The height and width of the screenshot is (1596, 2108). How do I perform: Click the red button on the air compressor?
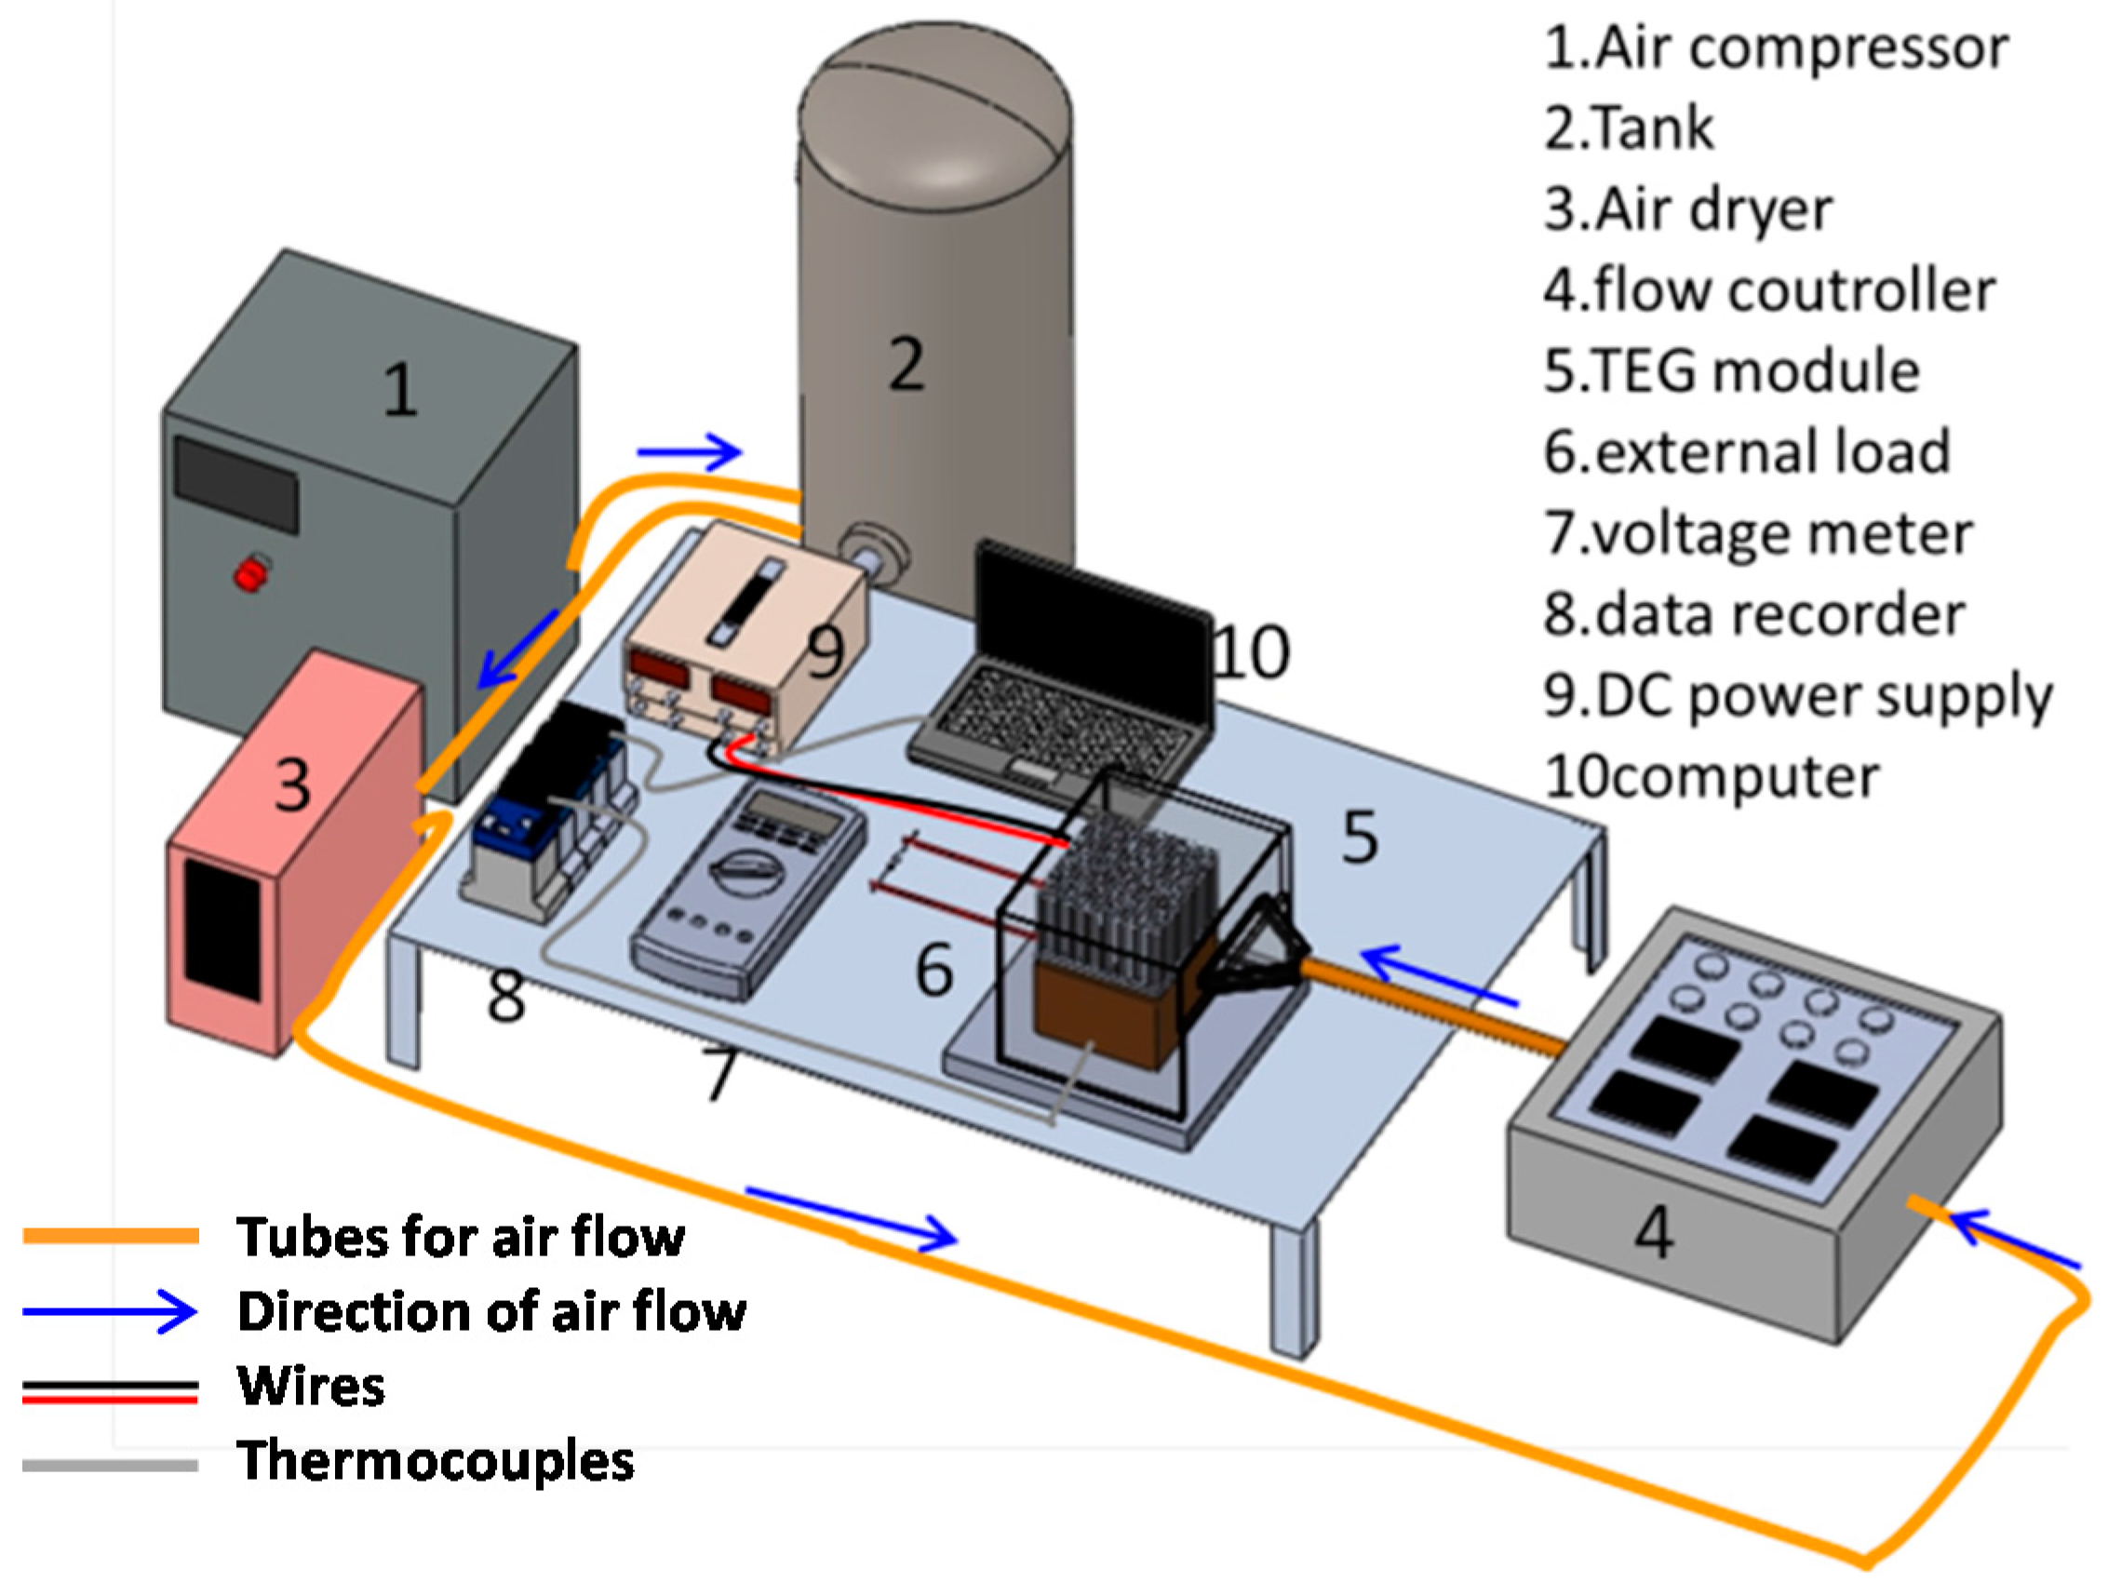[249, 574]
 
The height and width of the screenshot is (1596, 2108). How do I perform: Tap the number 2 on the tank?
[906, 364]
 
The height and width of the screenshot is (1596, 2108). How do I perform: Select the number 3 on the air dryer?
[292, 786]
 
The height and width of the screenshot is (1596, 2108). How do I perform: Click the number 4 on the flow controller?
[1654, 1232]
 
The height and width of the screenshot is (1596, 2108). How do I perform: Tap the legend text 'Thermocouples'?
[436, 1461]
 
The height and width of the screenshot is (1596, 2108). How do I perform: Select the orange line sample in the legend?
[111, 1237]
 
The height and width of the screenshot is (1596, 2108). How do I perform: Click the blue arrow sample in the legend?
[111, 1312]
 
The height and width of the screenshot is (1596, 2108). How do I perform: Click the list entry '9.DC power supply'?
[1797, 695]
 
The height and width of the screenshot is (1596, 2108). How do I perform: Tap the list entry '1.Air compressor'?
[1776, 47]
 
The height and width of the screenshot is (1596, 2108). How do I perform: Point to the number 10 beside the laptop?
[1252, 652]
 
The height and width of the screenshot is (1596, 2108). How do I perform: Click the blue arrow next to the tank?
[689, 450]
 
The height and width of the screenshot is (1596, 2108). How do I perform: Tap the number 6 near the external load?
[933, 970]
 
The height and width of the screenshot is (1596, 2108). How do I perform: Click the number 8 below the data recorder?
[505, 996]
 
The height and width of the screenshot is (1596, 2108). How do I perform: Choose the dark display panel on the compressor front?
[236, 484]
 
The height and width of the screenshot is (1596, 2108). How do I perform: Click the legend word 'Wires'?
[312, 1387]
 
